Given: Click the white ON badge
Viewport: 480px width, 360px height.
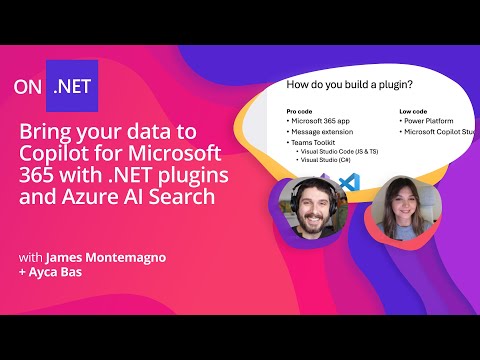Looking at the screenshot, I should tap(29, 86).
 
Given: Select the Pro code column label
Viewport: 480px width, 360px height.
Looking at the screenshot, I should tap(300, 111).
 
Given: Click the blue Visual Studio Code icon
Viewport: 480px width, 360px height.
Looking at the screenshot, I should tap(348, 183).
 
